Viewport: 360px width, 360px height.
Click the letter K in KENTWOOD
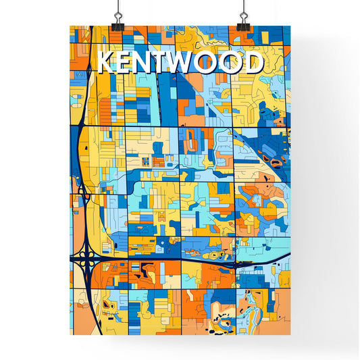(x=108, y=62)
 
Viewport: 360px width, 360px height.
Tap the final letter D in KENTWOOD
(x=253, y=62)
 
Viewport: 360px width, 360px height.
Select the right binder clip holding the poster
(x=242, y=23)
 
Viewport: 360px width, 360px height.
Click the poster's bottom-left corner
(x=70, y=335)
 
